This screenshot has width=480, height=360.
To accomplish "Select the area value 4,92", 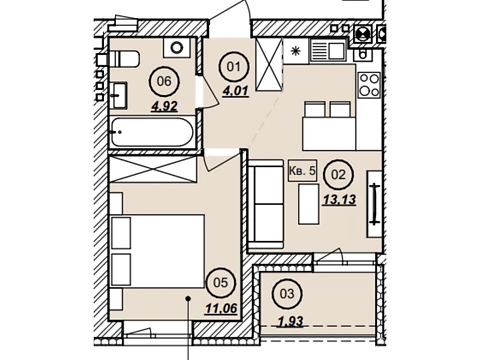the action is [x=165, y=107].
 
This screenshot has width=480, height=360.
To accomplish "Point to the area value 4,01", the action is [x=236, y=91].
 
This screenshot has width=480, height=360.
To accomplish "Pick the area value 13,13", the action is [x=340, y=200].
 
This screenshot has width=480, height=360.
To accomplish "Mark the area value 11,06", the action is [x=221, y=309].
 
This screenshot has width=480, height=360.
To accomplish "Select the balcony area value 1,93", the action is [x=291, y=322].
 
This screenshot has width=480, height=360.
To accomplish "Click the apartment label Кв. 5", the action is [x=302, y=171].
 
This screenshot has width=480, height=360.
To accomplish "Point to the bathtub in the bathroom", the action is [x=152, y=132].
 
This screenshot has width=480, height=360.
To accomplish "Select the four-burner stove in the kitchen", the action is [x=369, y=85].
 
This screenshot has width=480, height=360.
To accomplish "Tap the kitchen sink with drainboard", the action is [x=329, y=50].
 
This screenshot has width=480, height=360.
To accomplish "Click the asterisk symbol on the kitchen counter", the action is [x=296, y=51].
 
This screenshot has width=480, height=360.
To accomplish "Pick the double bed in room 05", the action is [x=157, y=251].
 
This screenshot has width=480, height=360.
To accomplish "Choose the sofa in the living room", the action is [x=266, y=204].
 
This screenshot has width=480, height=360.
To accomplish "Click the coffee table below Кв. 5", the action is [x=309, y=204].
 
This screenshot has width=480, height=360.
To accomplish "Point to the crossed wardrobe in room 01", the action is [x=269, y=64].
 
